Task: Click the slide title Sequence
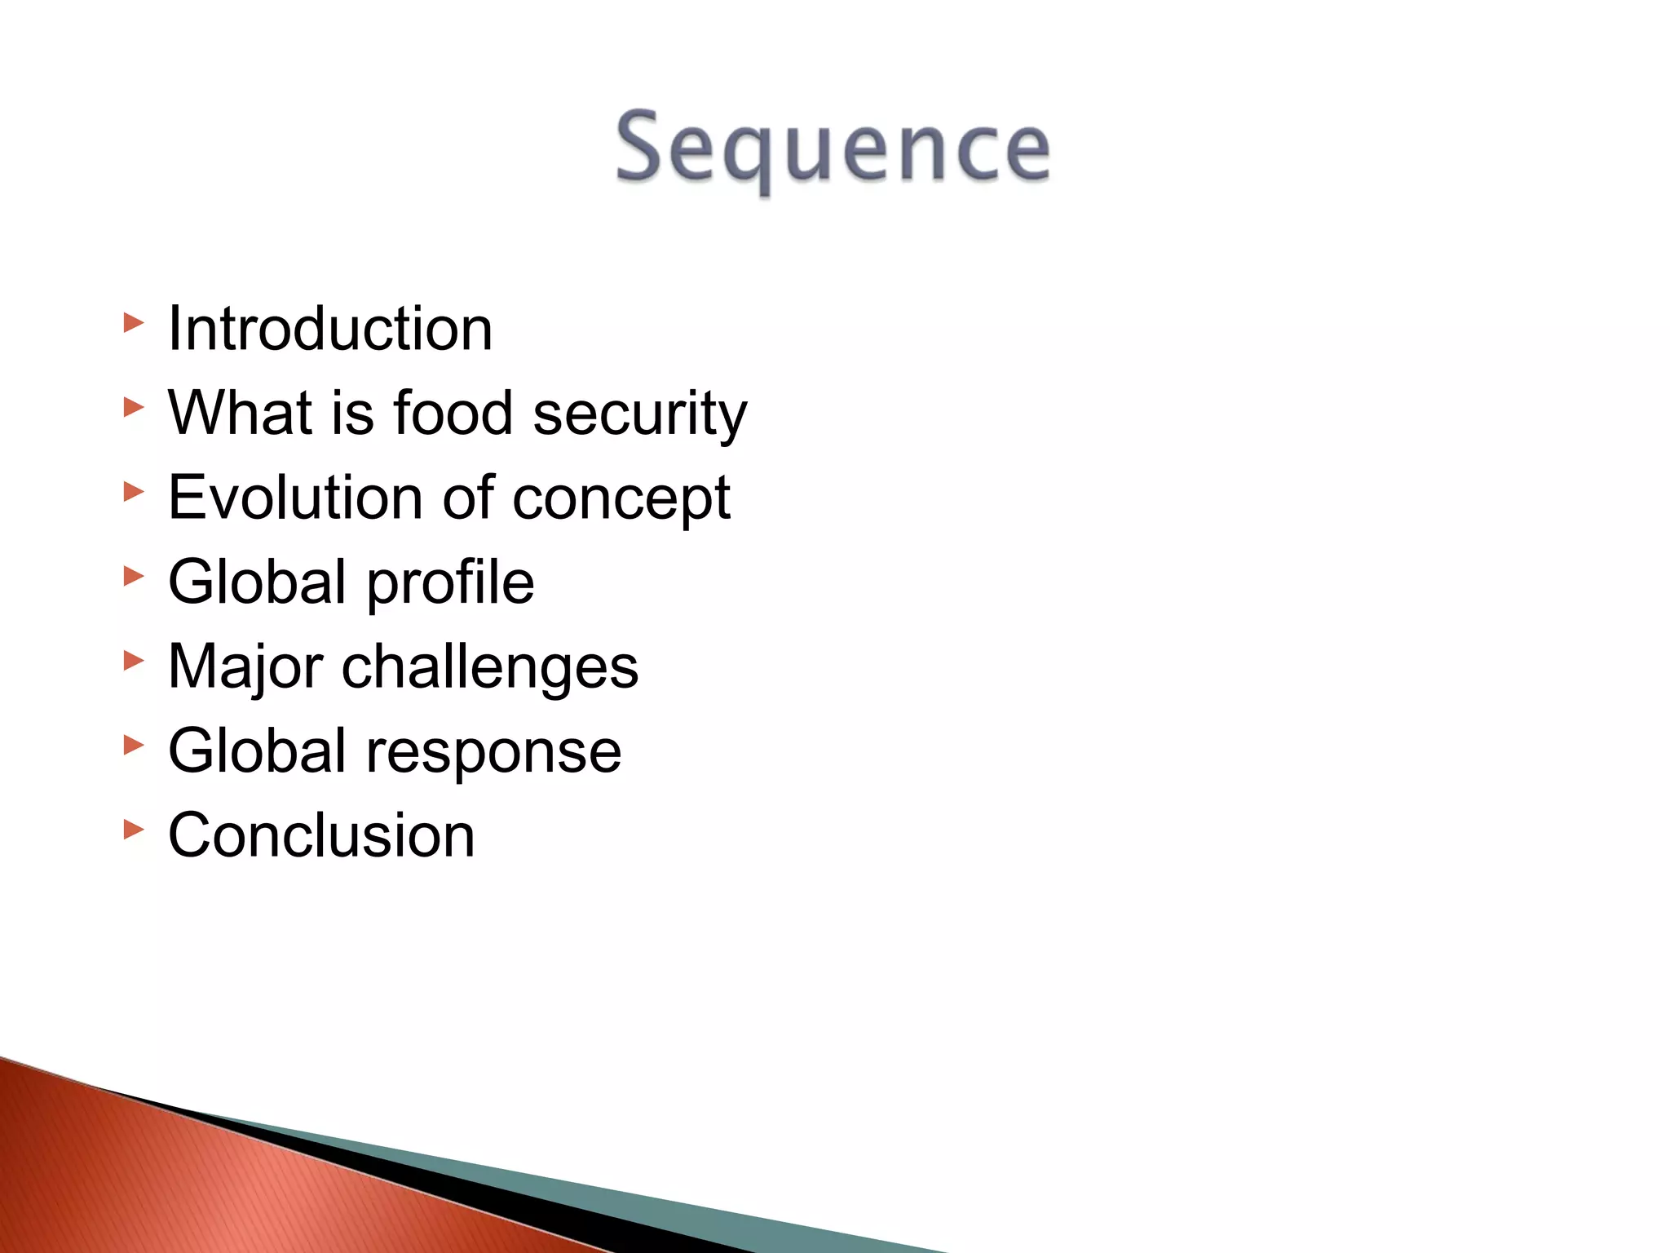click(833, 148)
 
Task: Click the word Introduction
click(330, 329)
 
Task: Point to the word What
click(241, 413)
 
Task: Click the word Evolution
click(295, 498)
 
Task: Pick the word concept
click(621, 499)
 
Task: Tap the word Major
click(245, 667)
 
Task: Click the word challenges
click(489, 667)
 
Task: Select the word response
click(493, 752)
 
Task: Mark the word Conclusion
click(321, 835)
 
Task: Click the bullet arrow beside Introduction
click(134, 323)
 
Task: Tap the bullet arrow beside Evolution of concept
click(134, 492)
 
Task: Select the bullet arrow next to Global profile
click(134, 577)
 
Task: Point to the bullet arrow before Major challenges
click(134, 661)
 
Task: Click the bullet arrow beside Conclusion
click(134, 830)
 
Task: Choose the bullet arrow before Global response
click(134, 745)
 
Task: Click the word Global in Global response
click(258, 750)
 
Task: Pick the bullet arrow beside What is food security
click(134, 407)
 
